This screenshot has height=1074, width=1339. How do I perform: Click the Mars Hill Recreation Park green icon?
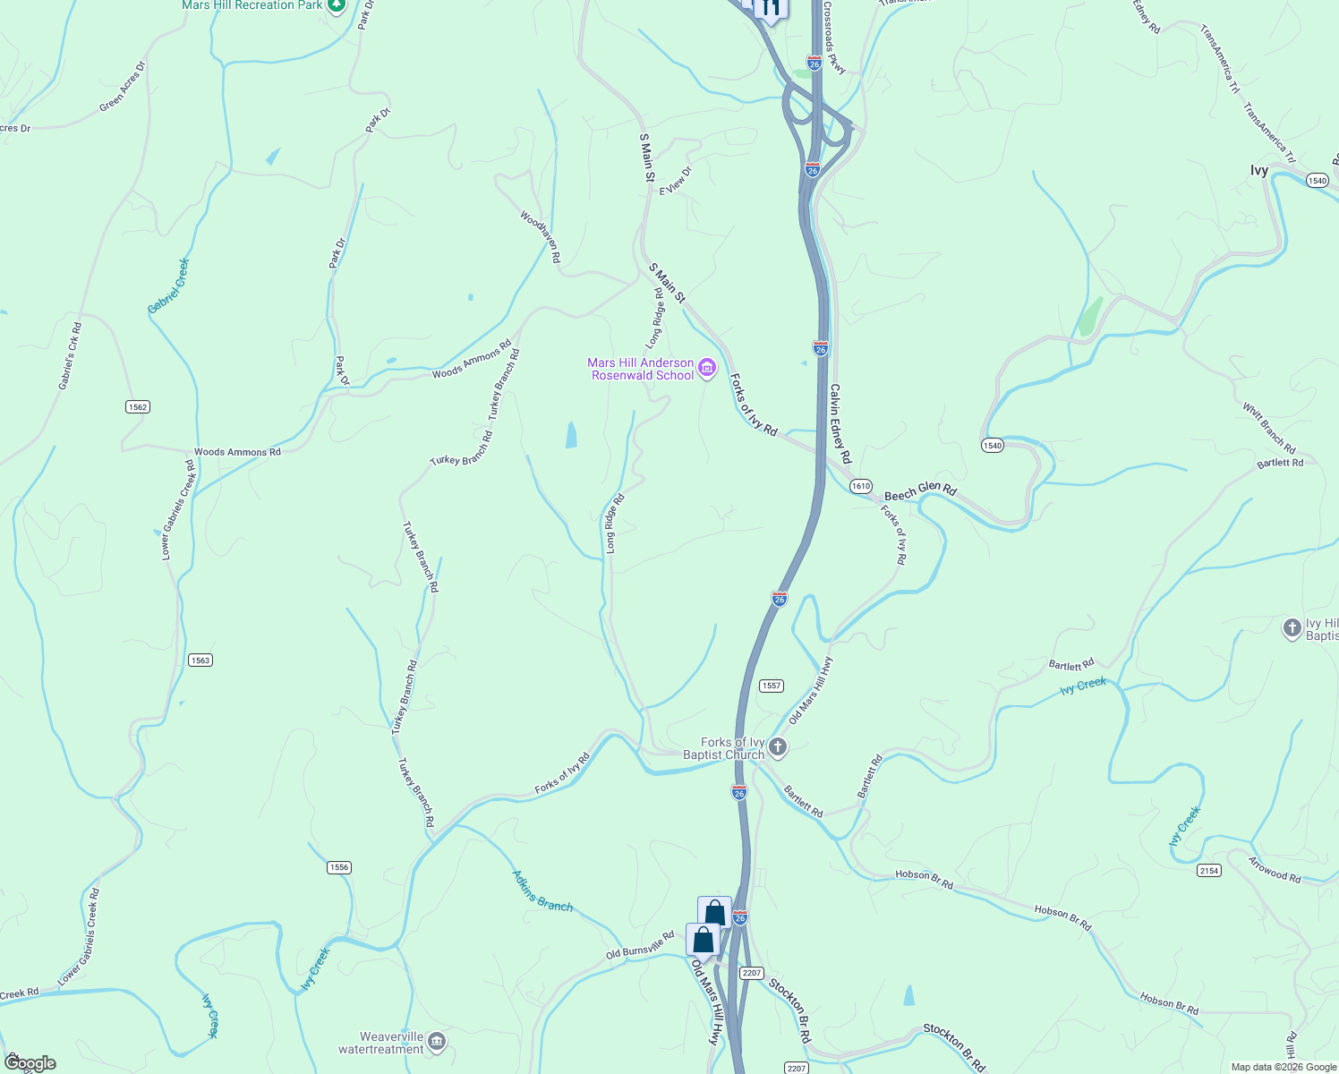point(336,6)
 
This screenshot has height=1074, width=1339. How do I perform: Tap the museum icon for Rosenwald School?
point(707,368)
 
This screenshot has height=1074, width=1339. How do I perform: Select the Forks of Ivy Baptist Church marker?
point(778,747)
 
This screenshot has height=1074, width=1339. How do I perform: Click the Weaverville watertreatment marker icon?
point(437,1041)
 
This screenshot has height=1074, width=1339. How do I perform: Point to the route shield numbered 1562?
point(137,407)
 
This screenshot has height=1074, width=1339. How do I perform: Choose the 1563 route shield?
point(200,661)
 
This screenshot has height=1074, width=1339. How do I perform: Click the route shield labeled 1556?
point(339,867)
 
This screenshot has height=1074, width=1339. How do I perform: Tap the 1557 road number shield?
point(772,686)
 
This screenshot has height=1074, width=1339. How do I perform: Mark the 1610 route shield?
point(860,486)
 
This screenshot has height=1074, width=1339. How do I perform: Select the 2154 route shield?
point(1209,871)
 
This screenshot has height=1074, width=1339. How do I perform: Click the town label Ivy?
point(1259,170)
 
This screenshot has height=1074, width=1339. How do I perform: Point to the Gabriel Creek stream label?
point(169,286)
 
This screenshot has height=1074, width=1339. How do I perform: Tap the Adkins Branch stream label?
point(542,891)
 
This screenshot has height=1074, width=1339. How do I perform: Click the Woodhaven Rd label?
point(541,236)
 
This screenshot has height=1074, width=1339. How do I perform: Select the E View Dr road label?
point(676,181)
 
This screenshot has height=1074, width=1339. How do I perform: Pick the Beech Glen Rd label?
point(920,491)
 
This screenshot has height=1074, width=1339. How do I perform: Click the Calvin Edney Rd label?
point(840,423)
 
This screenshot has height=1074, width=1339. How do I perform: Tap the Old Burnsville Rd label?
point(640,945)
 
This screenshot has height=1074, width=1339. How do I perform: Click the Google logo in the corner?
point(30,1063)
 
